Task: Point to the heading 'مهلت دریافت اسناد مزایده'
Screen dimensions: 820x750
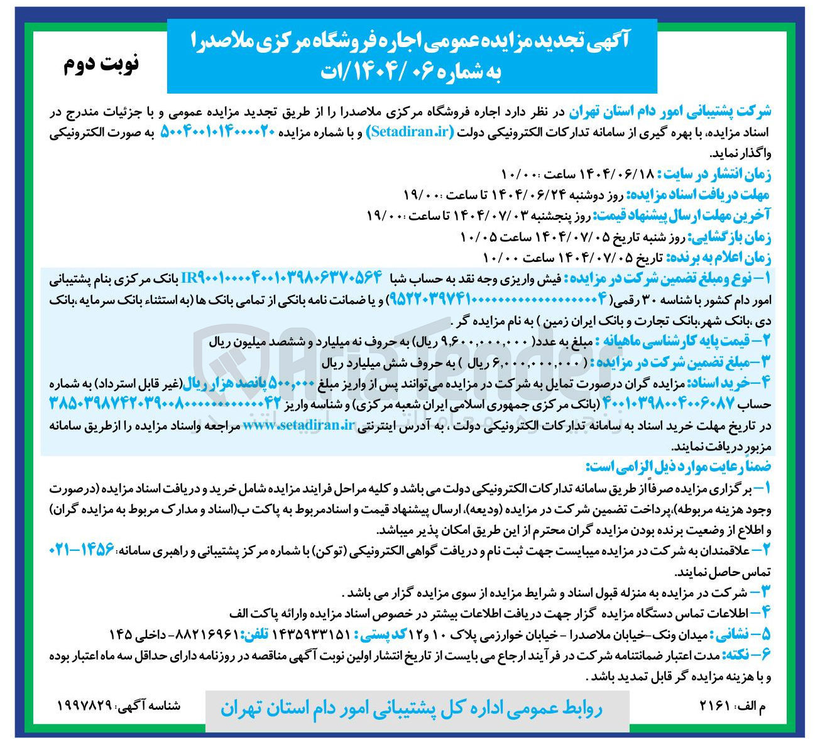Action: click(x=697, y=194)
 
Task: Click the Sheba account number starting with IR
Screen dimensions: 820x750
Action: click(x=283, y=277)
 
